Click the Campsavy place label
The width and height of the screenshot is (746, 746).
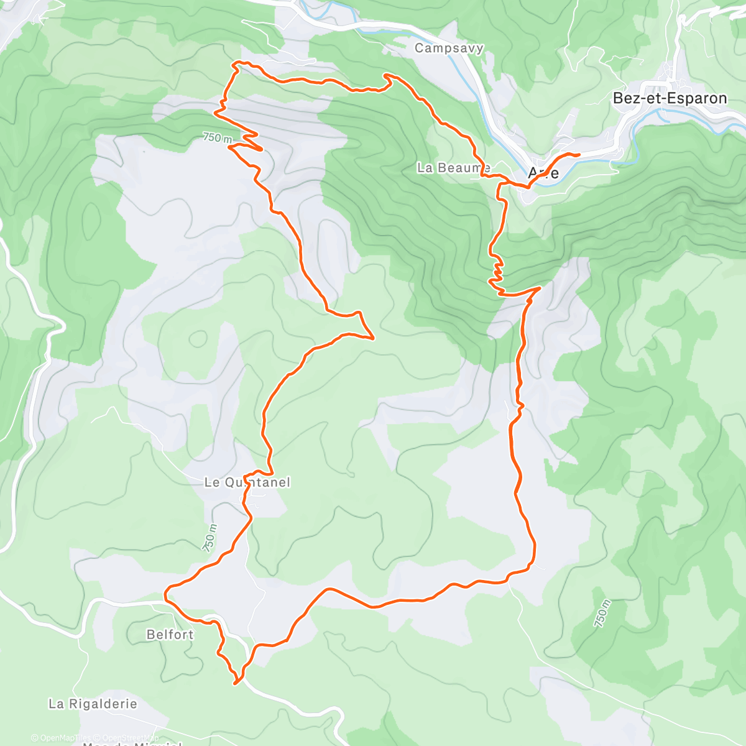tap(449, 48)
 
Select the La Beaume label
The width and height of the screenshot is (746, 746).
tap(453, 168)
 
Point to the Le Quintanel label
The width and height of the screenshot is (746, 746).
tap(247, 482)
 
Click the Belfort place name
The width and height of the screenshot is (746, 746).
tap(170, 635)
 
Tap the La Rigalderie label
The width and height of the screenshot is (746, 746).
tap(93, 704)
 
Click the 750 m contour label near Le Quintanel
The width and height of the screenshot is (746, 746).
tap(210, 537)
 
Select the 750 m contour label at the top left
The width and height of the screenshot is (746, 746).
tap(216, 137)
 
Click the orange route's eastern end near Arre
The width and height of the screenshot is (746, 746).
tap(579, 154)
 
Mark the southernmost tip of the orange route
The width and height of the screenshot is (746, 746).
tap(236, 684)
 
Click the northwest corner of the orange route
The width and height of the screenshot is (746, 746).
tap(234, 63)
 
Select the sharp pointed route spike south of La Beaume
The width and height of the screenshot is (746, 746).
tap(372, 338)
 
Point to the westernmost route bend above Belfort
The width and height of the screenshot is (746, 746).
tap(165, 594)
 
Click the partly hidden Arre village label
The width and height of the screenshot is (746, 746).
tap(543, 173)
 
